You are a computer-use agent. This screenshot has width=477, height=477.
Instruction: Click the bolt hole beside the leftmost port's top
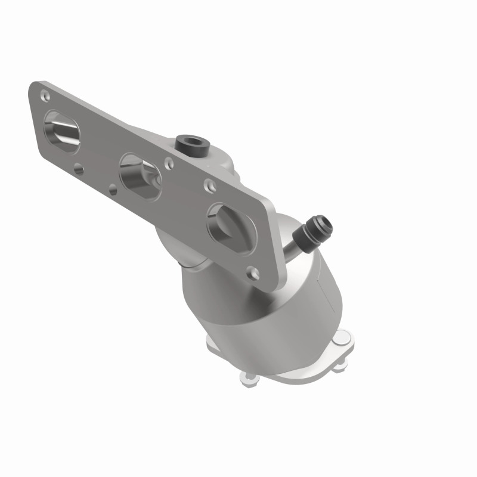[x=44, y=95]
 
